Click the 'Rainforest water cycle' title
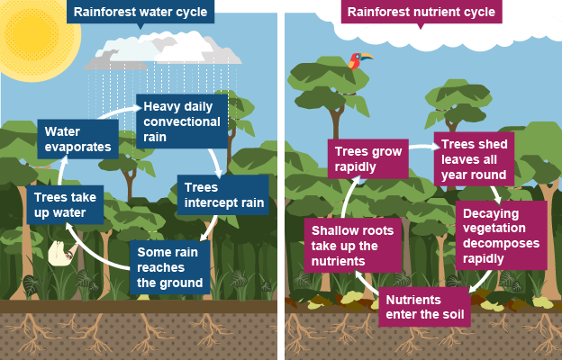(x=140, y=12)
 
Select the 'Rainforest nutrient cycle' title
(x=421, y=12)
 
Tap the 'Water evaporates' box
(x=78, y=139)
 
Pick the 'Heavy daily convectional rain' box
(x=182, y=121)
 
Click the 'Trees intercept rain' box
(x=223, y=195)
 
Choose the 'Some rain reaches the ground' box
(x=170, y=267)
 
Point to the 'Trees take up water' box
(x=65, y=205)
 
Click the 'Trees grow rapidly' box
(x=368, y=159)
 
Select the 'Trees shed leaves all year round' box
(x=474, y=159)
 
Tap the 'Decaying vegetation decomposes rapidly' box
(x=502, y=236)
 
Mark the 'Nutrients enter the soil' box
(x=425, y=307)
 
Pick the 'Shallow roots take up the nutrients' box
(x=353, y=246)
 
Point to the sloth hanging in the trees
(x=62, y=253)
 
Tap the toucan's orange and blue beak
(x=367, y=56)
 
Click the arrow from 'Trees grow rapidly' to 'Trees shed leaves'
(x=424, y=147)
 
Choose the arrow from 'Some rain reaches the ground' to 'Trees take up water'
(x=94, y=251)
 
